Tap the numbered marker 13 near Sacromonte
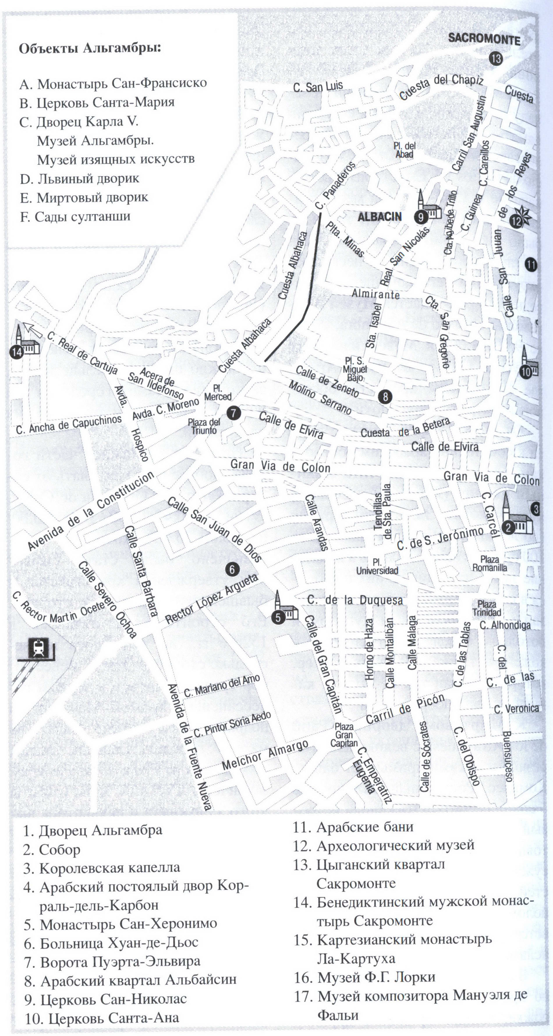pos(496,59)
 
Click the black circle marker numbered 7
pos(233,413)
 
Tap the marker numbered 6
pos(232,569)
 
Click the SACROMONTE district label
pos(484,39)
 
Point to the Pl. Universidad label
pos(377,566)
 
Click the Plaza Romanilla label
pos(490,564)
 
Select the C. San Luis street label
pos(318,86)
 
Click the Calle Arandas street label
pos(317,522)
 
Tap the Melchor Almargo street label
pos(265,756)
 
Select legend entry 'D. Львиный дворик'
pos(80,179)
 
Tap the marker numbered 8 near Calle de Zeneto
pos(385,397)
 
